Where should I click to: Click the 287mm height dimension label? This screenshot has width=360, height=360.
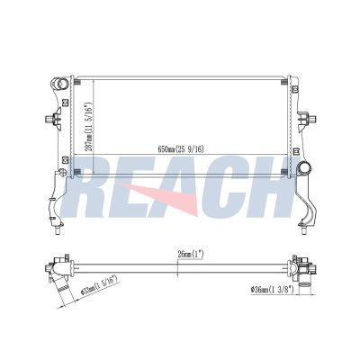click(x=88, y=123)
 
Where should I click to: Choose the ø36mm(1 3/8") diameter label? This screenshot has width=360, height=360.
click(x=273, y=290)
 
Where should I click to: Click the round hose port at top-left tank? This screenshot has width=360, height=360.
click(x=59, y=83)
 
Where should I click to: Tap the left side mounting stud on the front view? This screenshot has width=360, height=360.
click(x=49, y=120)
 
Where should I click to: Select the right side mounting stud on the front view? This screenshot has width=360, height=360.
click(x=311, y=119)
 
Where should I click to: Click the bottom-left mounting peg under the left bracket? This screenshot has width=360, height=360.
click(x=58, y=230)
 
